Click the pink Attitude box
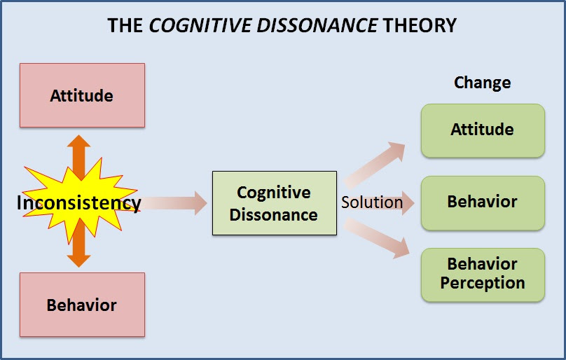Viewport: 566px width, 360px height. [x=82, y=95]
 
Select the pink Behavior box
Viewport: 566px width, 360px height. [x=82, y=305]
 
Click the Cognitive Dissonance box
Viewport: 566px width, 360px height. [x=274, y=203]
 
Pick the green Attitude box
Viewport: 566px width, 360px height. [x=482, y=130]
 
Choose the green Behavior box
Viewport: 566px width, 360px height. [x=482, y=202]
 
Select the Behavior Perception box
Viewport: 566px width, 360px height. [x=482, y=274]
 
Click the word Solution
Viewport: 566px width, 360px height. [x=372, y=203]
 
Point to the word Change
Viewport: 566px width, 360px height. [x=482, y=83]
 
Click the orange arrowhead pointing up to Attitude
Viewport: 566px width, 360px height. [x=78, y=143]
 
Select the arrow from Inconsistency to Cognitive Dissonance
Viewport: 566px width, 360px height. [x=175, y=203]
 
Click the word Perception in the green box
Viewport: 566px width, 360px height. [x=482, y=283]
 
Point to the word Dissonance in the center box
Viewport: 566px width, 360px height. [x=274, y=214]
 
